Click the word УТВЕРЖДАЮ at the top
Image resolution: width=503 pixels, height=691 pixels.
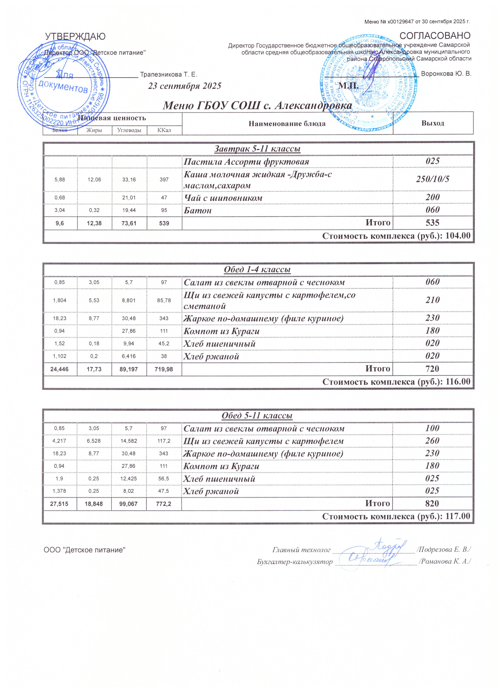click(75, 37)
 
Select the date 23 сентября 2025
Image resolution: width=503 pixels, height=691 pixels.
click(184, 86)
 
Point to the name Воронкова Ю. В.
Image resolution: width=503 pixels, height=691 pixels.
click(446, 74)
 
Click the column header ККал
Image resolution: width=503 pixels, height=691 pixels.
click(164, 130)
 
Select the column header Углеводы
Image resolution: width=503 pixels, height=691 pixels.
click(129, 130)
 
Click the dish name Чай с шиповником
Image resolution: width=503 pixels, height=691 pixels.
click(223, 198)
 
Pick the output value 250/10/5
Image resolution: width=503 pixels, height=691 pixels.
click(433, 179)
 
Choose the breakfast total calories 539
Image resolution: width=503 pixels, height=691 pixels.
click(164, 223)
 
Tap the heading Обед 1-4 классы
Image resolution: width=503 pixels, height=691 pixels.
click(257, 270)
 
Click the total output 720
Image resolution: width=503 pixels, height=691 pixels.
click(433, 369)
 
